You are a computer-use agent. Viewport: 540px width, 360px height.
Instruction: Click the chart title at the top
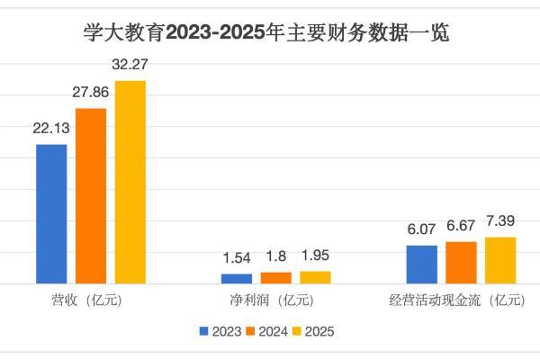[x=270, y=34]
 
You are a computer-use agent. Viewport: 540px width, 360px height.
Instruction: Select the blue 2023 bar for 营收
[x=51, y=214]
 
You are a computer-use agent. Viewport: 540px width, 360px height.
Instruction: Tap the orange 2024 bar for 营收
[x=90, y=196]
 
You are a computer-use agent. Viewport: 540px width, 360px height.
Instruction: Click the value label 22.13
[x=51, y=130]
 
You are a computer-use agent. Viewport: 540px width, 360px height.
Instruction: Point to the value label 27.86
[x=90, y=94]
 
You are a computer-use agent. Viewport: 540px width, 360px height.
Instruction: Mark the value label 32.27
[x=130, y=66]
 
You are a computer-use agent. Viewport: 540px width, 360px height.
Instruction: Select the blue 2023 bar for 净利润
[x=237, y=278]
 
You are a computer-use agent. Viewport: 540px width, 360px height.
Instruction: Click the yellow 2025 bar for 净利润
[x=315, y=277]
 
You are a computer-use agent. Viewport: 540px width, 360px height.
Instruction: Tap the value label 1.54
[x=237, y=259]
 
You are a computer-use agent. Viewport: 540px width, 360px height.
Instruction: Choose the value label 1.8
[x=276, y=257]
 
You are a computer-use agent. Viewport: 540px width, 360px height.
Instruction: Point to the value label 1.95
[x=315, y=256]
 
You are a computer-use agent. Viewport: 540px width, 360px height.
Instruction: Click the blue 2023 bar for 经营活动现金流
[x=422, y=265]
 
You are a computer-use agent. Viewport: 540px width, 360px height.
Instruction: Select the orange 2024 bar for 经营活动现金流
[x=461, y=263]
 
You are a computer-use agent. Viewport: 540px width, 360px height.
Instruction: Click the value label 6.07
[x=422, y=230]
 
